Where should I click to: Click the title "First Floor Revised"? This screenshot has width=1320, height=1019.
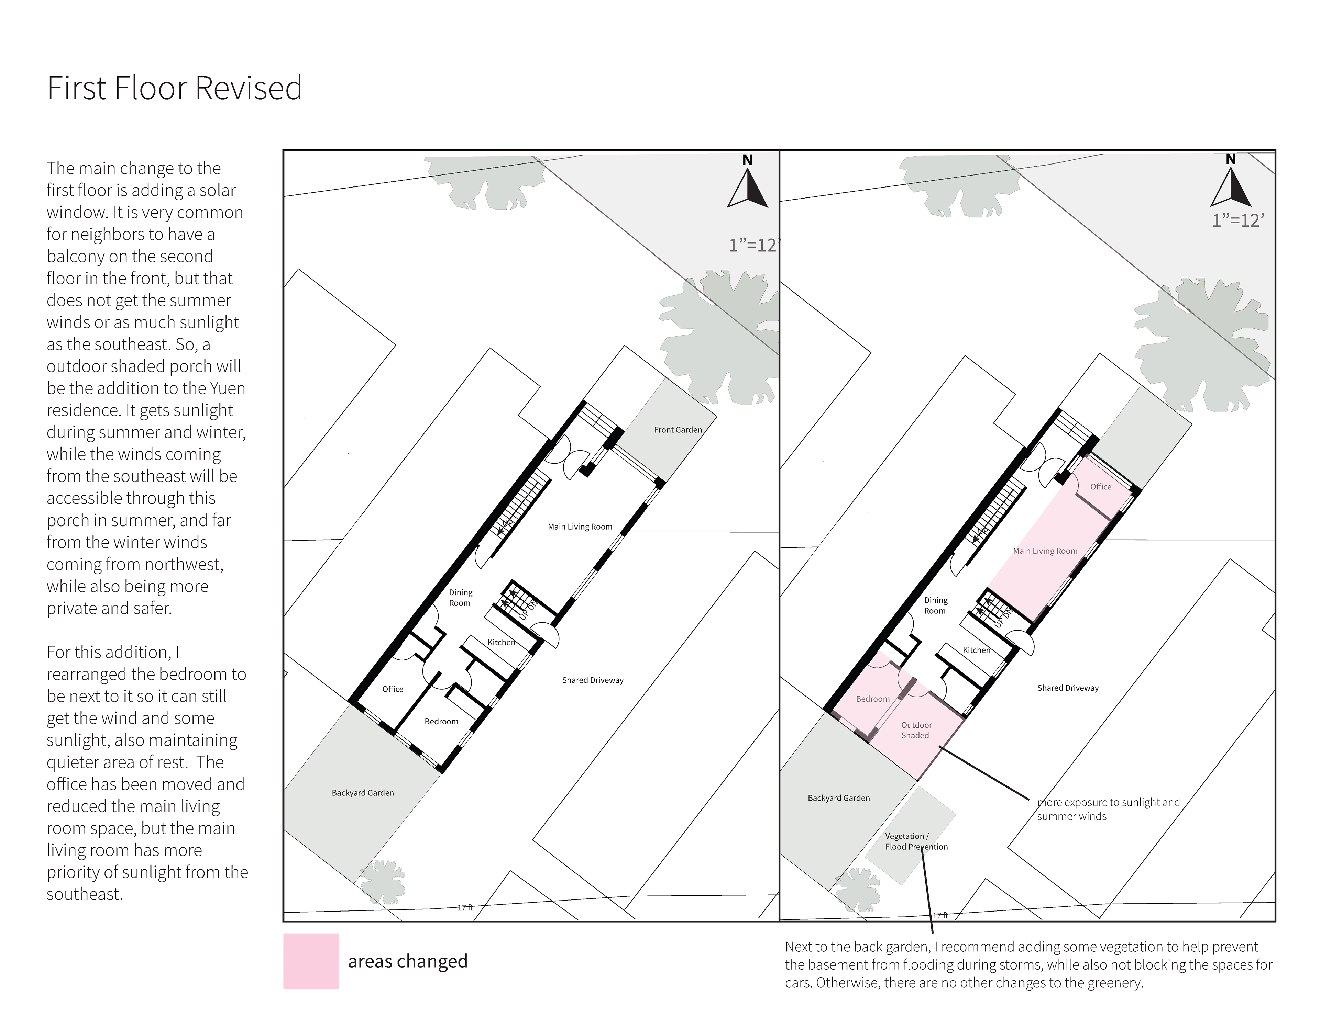coord(175,88)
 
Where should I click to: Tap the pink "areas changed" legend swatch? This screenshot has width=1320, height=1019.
coord(311,961)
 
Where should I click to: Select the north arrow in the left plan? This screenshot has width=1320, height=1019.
coord(748,183)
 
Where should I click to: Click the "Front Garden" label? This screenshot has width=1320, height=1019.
coord(678,430)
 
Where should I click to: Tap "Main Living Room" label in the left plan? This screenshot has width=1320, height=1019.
coord(580,527)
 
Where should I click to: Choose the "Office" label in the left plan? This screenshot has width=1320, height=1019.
coord(393,689)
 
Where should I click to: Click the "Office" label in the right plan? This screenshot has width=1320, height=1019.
coord(1101,487)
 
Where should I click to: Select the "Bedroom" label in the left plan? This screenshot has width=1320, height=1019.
coord(441,722)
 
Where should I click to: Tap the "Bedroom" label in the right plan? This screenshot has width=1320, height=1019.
coord(873,699)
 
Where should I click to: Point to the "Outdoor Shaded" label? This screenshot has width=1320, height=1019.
coord(916,730)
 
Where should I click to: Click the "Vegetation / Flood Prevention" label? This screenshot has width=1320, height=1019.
coord(916,841)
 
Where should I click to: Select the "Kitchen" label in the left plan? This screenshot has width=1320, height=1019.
coord(502,642)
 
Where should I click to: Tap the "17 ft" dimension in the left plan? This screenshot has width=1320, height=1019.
coord(465,907)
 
